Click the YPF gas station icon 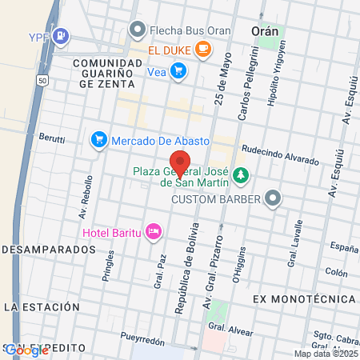point(61,37)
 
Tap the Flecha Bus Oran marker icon point(138,30)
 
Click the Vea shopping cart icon point(178,70)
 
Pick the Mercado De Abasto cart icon point(99,139)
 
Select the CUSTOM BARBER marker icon point(274,197)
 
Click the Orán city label point(265,30)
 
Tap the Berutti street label point(53,138)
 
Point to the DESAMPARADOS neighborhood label point(48,250)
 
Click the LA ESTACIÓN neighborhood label point(42,306)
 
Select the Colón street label point(336,273)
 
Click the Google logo point(26,350)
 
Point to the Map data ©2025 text point(326,354)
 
